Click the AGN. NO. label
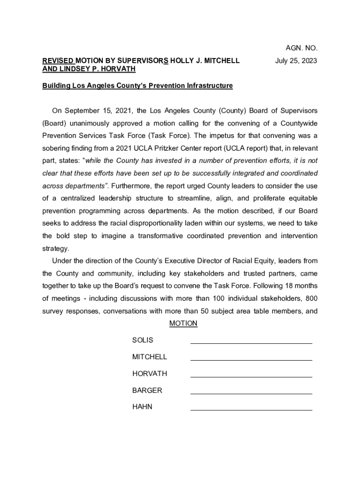click(302, 48)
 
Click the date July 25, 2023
click(296, 61)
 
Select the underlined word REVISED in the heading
click(58, 61)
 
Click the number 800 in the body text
click(311, 298)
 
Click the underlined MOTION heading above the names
click(183, 323)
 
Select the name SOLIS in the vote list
click(143, 340)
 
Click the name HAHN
click(142, 407)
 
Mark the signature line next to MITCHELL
click(251, 360)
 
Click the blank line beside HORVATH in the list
click(251, 377)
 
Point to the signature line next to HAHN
click(251, 410)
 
